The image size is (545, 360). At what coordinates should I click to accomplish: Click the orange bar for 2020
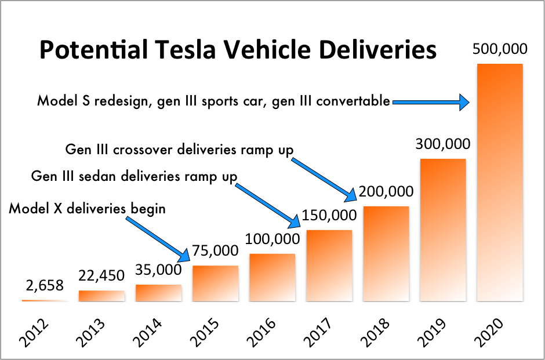pos(499,183)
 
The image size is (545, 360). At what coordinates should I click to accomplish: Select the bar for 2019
pos(442,230)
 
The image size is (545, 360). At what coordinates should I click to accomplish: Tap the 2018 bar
pos(386,254)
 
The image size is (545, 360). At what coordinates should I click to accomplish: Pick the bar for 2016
pos(272,278)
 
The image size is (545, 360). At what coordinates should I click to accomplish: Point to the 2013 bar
pos(101,296)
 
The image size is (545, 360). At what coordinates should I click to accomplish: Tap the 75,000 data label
pos(215,251)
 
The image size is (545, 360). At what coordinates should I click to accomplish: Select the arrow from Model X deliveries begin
pos(157,238)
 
